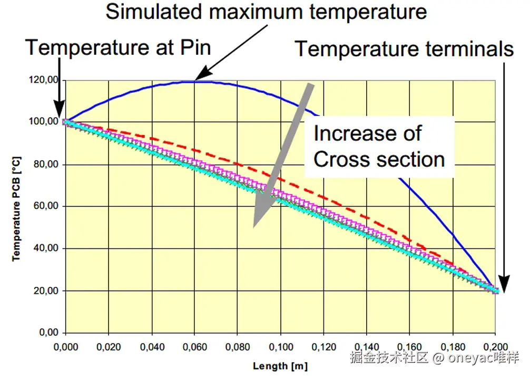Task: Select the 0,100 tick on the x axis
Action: coord(280,346)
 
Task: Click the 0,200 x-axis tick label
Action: coord(495,346)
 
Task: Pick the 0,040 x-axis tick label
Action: coord(152,346)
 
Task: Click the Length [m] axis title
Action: coord(280,365)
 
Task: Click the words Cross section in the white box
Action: coord(379,159)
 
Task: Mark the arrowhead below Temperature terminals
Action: coord(504,286)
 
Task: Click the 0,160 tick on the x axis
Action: coord(409,346)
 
